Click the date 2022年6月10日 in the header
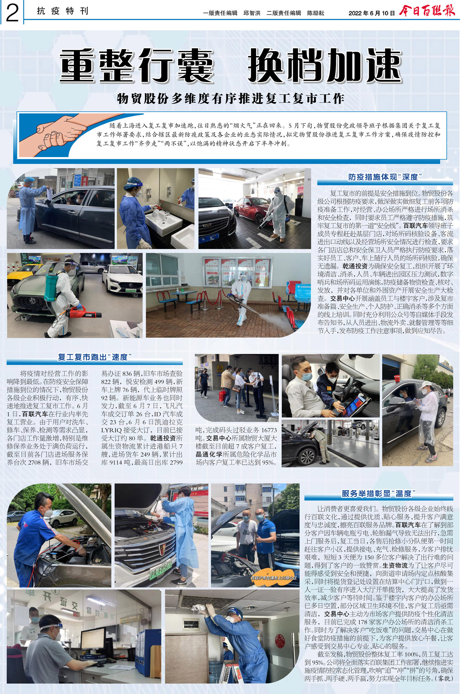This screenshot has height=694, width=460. (372, 13)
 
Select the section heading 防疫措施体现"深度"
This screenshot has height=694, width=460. (385, 177)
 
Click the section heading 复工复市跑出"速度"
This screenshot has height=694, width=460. (95, 357)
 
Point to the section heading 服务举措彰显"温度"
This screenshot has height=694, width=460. (379, 494)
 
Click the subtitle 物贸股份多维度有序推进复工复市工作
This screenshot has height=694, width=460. (230, 99)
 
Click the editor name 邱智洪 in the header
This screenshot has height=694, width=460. (252, 13)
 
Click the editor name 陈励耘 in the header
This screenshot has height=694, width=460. (315, 13)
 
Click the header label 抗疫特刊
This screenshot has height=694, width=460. (62, 11)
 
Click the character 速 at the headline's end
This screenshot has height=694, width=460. (382, 65)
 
